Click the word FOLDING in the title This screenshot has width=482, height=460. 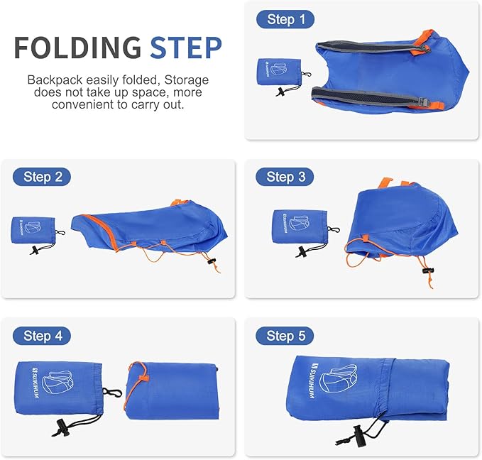pos(79,47)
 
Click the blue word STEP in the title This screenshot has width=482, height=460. pos(185,47)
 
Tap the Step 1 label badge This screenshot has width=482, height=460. pos(286,19)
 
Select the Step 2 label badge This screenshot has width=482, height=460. pos(42,177)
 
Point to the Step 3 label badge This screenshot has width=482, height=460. pos(286,177)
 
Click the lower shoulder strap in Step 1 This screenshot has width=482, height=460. pos(369,97)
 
